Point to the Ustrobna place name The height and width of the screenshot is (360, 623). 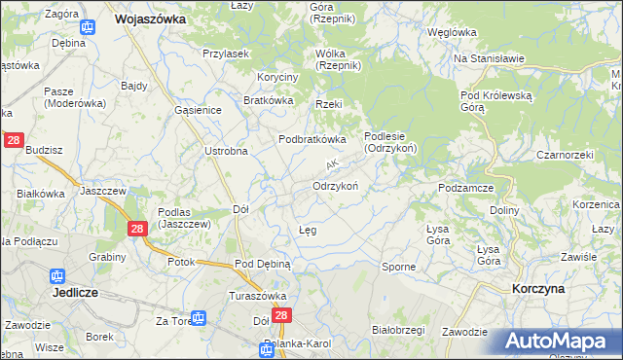click(226, 151)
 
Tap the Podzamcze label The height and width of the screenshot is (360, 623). click(468, 188)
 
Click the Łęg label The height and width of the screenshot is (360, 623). click(307, 231)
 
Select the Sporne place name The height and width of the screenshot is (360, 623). click(398, 266)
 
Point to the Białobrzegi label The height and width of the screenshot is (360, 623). click(398, 330)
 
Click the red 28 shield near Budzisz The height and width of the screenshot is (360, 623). click(14, 141)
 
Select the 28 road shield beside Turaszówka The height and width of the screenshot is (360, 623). click(282, 316)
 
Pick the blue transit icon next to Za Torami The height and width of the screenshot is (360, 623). click(199, 318)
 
